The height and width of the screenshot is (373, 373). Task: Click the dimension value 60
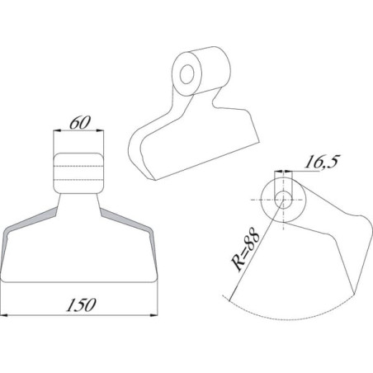79,123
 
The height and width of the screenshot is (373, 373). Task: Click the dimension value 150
81,305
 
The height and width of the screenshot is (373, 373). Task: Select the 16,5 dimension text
321,162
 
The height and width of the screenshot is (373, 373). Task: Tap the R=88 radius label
246,249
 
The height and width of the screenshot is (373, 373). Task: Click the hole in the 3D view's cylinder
187,74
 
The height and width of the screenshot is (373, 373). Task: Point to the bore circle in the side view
283,200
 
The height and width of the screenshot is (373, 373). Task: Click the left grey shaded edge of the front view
27,231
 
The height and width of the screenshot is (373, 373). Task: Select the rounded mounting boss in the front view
78,173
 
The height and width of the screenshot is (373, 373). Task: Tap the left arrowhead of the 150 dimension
4,314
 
